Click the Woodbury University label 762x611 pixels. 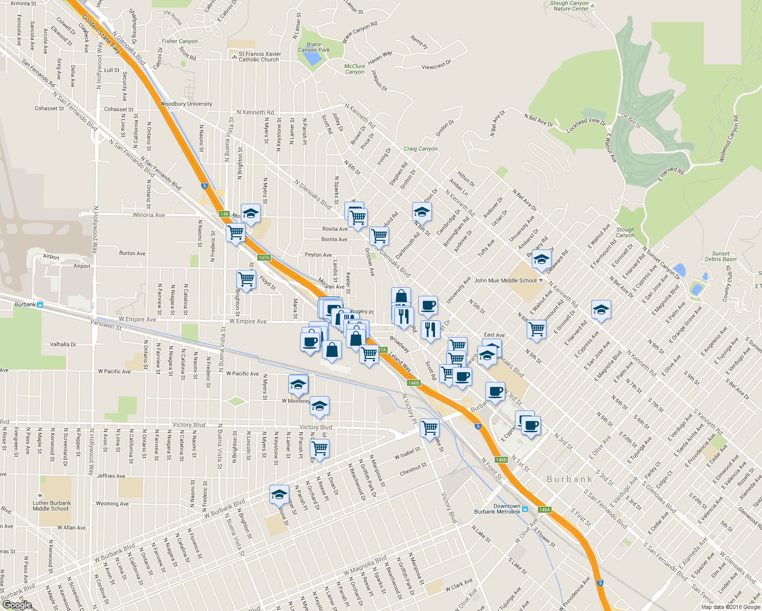[186, 104]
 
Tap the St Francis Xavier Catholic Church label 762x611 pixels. [259, 57]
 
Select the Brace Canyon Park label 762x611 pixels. [314, 47]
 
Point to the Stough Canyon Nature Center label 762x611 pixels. [569, 6]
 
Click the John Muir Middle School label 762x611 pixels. [505, 281]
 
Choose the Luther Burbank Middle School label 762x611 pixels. [51, 506]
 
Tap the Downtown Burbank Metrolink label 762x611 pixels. [497, 509]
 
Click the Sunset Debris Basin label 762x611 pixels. [721, 256]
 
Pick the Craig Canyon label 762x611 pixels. [420, 149]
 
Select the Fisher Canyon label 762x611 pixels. [180, 41]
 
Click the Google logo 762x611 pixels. [17, 605]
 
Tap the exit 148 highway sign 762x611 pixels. [225, 214]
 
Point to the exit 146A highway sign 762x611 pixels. [545, 510]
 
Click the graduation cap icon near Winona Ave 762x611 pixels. [251, 214]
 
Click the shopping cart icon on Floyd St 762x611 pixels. [247, 279]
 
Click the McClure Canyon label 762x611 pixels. [355, 69]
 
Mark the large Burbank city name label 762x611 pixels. [569, 479]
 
